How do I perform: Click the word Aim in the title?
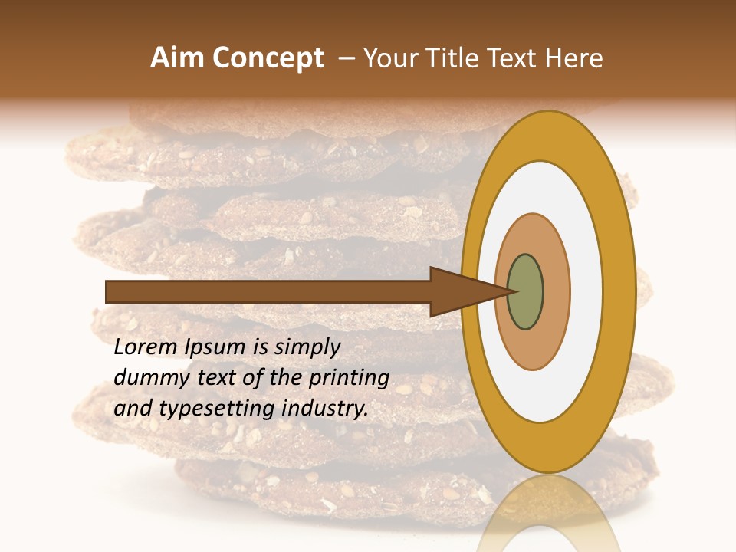point(177,58)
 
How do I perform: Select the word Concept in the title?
point(268,58)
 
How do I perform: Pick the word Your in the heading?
point(392,58)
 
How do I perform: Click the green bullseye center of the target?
point(526,292)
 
